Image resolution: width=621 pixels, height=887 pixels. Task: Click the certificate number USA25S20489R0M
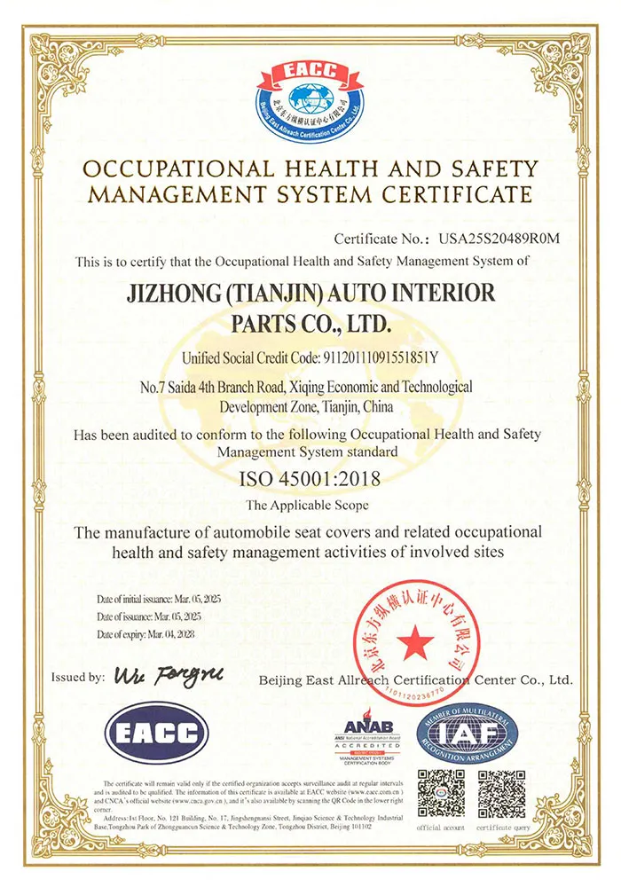tap(497, 239)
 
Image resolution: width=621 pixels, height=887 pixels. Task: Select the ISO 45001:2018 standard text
tap(310, 480)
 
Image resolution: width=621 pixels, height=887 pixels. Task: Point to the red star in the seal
tap(414, 640)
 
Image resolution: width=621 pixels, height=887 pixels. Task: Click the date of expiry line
tap(145, 634)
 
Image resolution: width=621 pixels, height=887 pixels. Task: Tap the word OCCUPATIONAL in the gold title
tap(178, 169)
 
